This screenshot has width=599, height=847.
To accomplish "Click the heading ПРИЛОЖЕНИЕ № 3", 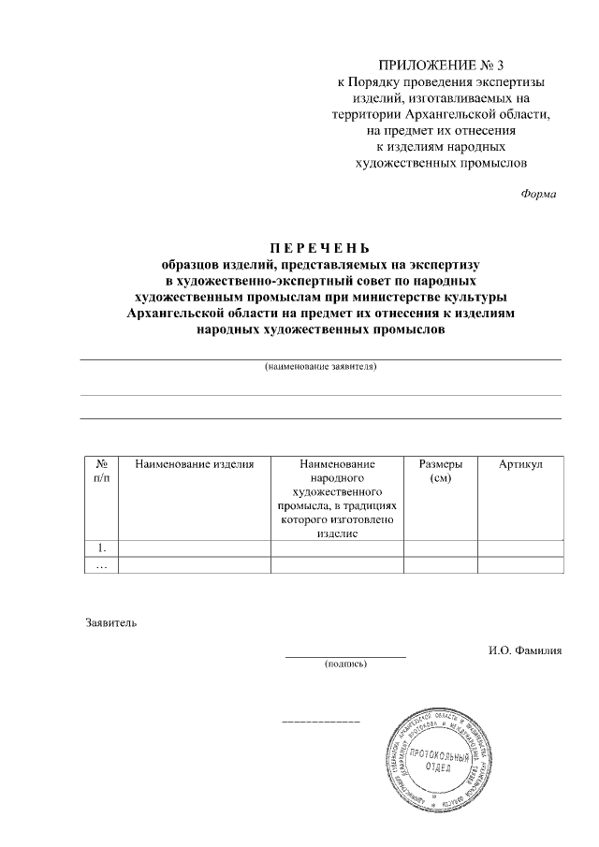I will pos(439,66).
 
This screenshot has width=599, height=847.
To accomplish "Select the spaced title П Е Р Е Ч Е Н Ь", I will pos(321,248).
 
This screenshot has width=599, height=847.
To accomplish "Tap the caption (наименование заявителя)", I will pos(321,368).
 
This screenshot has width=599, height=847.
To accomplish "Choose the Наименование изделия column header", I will pos(195,464).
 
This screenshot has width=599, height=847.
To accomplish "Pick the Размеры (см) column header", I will pos(439,471).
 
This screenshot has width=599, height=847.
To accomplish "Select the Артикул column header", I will pos(520,464).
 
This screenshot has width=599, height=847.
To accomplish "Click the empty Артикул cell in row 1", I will pos(520,548).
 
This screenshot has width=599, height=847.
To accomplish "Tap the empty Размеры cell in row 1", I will pos(439,548).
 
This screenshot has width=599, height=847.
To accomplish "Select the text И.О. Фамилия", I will pos(523,650).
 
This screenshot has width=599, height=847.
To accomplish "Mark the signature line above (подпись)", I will pos(345,656).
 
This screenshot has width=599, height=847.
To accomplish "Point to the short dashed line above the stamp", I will pos(321,723).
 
